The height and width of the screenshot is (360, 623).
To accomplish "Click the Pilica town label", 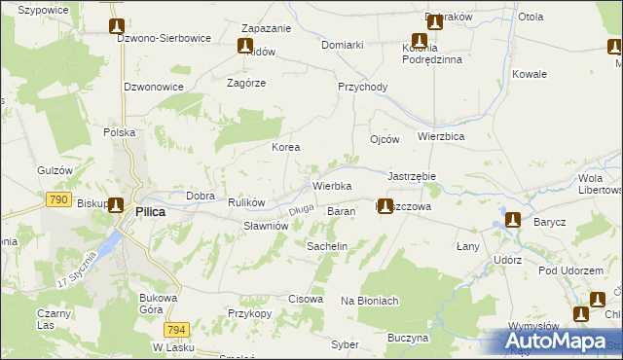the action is click(150, 211).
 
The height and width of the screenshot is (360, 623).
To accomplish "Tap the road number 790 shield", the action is click(57, 199).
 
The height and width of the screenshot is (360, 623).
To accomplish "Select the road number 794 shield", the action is click(176, 330).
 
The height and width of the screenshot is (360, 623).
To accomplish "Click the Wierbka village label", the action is click(331, 185).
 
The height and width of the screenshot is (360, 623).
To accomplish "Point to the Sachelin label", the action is click(327, 247).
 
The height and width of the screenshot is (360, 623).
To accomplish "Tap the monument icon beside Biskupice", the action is click(116, 205).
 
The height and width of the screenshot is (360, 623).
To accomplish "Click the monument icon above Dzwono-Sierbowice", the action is click(116, 26).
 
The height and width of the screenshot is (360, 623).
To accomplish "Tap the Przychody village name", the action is click(362, 87).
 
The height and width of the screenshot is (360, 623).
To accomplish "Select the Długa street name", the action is click(301, 207).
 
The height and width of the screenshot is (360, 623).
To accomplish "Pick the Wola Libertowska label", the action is click(601, 184).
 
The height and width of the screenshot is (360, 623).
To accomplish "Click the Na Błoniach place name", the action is click(370, 301).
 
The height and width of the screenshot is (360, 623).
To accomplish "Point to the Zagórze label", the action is click(246, 83).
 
